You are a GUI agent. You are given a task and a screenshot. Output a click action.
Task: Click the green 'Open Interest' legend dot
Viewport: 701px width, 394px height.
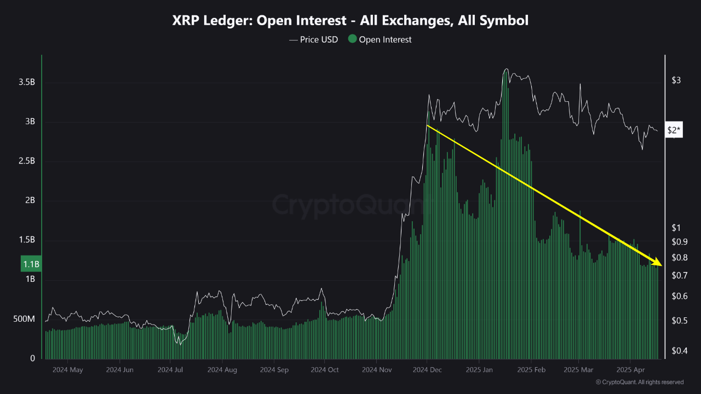point(352,39)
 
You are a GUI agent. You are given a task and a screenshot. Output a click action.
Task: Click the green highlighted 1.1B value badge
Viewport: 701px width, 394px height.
point(31,264)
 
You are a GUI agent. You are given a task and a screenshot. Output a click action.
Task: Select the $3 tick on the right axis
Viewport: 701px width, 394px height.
point(676,80)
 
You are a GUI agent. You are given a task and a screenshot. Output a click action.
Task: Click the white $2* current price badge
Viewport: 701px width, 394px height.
point(674,130)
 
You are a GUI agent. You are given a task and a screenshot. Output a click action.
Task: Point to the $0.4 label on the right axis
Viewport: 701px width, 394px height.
point(679,350)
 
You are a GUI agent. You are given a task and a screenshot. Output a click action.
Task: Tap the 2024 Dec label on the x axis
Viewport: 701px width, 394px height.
point(427,370)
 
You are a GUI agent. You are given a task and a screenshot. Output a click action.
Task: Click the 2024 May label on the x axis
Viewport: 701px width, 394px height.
point(68,370)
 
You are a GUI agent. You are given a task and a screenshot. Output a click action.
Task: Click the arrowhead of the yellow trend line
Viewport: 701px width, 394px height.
point(659,265)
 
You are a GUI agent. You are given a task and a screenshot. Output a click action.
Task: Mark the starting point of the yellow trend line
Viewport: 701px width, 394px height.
point(427,126)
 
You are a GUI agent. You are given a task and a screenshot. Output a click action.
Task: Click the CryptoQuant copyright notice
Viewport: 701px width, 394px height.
point(639,382)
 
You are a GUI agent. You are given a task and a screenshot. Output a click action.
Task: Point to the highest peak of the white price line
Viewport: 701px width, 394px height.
point(505,69)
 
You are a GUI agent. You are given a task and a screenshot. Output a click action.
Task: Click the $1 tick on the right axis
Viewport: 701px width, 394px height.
point(676,228)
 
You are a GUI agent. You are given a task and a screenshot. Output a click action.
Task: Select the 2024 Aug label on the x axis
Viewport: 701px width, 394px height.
point(222,370)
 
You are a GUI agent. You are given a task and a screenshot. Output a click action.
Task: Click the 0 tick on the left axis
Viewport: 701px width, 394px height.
point(32,358)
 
